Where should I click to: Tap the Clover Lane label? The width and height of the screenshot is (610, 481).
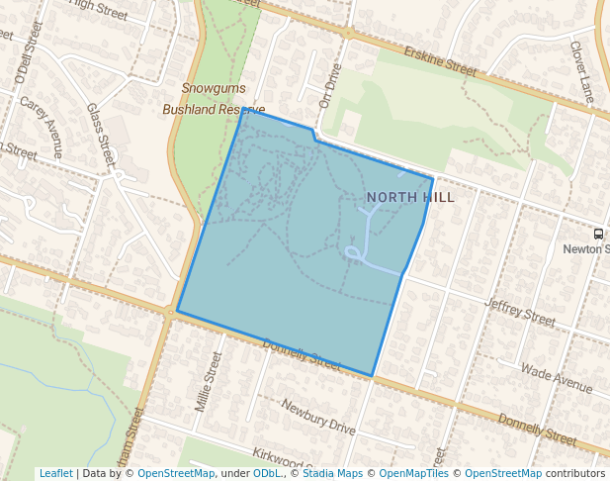tap(582, 76)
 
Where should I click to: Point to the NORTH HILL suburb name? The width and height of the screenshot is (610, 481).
tap(410, 197)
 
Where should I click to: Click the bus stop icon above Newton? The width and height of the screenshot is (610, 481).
tap(598, 235)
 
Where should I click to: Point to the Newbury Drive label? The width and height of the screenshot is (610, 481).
tap(317, 417)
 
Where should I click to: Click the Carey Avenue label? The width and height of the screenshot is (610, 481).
tap(42, 127)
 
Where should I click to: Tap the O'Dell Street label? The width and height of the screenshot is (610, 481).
tap(22, 60)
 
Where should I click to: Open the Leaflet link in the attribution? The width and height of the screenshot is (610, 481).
tap(55, 473)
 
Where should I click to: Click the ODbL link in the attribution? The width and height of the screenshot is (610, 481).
tap(267, 473)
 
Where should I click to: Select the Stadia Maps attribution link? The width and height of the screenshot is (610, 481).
tap(331, 473)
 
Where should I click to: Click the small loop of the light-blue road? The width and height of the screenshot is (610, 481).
tap(352, 254)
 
